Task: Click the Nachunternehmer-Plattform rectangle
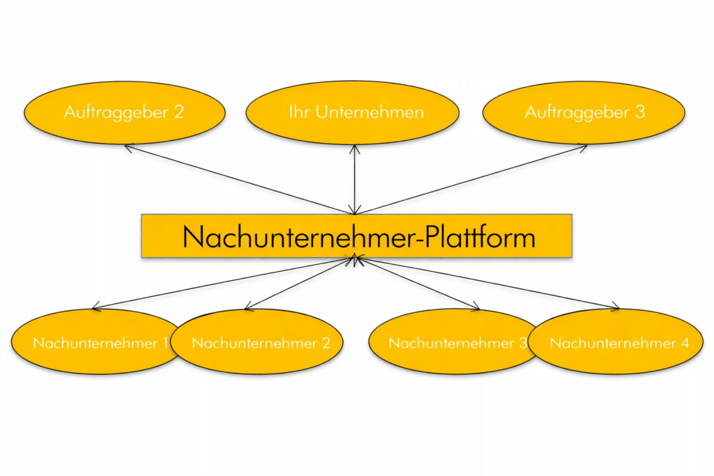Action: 356,236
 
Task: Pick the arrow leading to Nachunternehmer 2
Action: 300,283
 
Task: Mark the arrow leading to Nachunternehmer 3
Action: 418,283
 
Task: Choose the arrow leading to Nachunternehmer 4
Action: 488,282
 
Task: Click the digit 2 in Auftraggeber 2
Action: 178,112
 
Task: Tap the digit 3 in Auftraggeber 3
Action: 640,112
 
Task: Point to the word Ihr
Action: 298,112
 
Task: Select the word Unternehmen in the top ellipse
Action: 370,112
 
